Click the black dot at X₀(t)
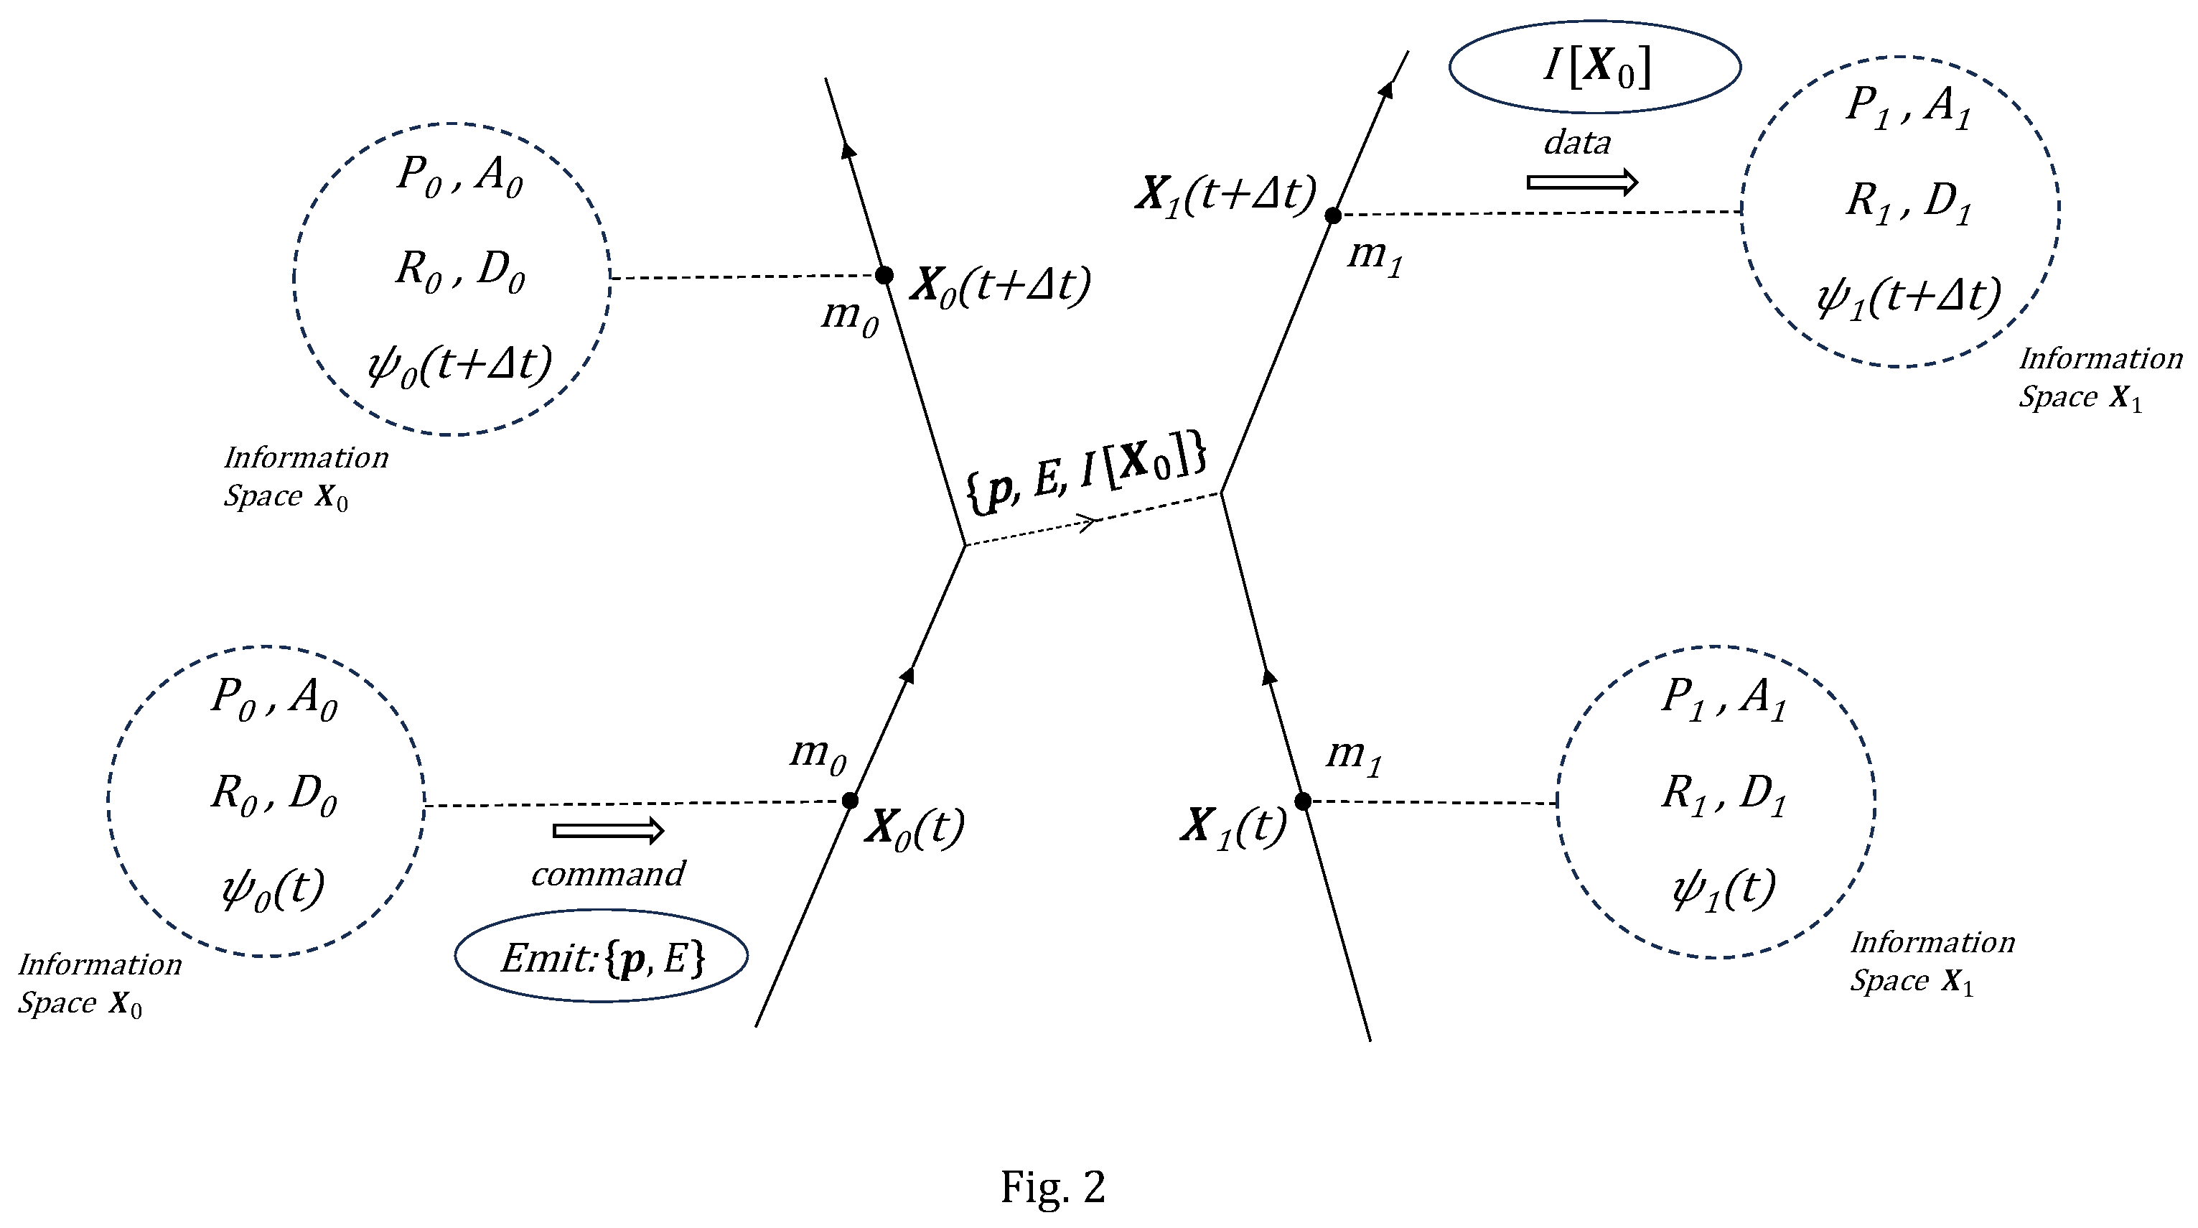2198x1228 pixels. [x=850, y=801]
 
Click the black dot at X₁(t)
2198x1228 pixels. [x=1303, y=801]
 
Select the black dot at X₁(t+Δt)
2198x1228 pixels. [x=1333, y=216]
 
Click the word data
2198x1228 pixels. [x=1577, y=142]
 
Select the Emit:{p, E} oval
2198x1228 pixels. [x=602, y=957]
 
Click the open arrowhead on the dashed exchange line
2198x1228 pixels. [x=1090, y=522]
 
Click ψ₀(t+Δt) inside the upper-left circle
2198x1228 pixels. [x=460, y=366]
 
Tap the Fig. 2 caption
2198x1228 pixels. [x=1053, y=1186]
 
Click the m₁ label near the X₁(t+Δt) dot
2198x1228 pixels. [x=1375, y=256]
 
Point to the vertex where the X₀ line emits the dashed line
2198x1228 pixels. [x=965, y=545]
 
